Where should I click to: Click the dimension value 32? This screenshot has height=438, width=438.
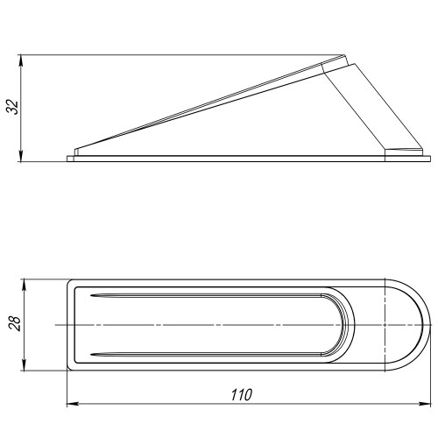[x=11, y=109]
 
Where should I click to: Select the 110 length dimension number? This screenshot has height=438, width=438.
[x=237, y=394]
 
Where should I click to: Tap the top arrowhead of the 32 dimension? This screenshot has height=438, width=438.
[x=21, y=60]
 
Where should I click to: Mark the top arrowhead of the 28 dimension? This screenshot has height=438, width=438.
[x=25, y=284]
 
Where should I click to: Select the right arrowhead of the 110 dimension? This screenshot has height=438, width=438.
[x=427, y=405]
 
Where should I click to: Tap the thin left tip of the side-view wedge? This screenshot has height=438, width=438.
[x=77, y=150]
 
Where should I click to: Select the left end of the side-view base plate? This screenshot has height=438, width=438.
[x=68, y=158]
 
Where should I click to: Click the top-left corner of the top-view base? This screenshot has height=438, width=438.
[x=70, y=282]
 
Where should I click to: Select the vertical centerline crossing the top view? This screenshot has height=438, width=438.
[x=387, y=325]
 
